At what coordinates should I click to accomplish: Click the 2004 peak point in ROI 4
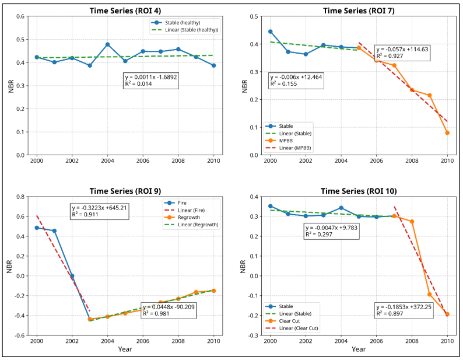[107, 44]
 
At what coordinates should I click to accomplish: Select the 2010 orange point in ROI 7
[447, 133]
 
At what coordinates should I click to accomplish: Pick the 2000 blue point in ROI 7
[270, 32]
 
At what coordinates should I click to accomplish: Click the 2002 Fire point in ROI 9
[72, 276]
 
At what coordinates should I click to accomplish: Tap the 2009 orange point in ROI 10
[430, 295]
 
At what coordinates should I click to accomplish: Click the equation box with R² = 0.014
[151, 81]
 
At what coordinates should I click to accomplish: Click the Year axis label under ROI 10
[359, 349]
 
